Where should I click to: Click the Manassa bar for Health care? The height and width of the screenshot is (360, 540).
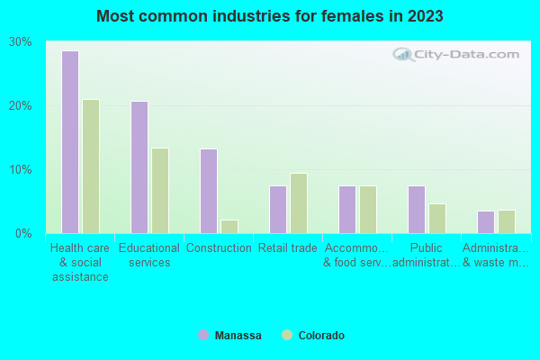[x=69, y=142]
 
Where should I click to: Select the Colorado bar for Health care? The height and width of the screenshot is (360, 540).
[x=91, y=166]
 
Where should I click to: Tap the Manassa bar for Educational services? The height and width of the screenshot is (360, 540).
[x=139, y=167]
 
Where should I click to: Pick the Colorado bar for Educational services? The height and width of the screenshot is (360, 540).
[x=160, y=191]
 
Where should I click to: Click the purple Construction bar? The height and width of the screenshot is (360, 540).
[x=208, y=191]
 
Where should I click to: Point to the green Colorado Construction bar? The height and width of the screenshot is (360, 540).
[x=229, y=227]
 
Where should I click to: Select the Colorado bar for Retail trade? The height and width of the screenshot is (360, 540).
[x=299, y=203]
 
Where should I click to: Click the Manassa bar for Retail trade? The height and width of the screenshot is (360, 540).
[x=277, y=210]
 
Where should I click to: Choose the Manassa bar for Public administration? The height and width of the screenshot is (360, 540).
[x=416, y=210]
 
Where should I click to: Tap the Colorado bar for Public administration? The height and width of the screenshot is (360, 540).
[x=437, y=219]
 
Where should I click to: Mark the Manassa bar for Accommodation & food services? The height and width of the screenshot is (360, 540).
[x=346, y=210]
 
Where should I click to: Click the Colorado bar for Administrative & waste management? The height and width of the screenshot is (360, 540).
[x=507, y=221]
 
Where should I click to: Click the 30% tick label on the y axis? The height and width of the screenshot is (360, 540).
[x=21, y=42]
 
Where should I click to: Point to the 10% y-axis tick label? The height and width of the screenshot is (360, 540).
[x=21, y=170]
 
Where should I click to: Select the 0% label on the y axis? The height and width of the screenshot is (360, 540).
[x=23, y=234]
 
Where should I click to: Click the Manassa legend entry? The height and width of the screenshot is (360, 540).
[x=230, y=336]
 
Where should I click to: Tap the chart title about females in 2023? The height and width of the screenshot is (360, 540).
[x=270, y=16]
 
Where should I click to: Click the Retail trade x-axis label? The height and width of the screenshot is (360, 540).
[x=287, y=248]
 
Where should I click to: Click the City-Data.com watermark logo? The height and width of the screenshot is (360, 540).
[x=459, y=54]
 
